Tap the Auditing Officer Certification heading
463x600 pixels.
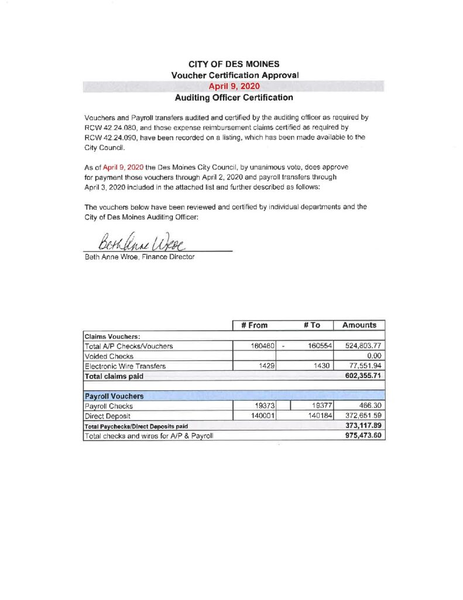click(x=234, y=98)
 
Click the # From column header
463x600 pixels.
click(x=254, y=325)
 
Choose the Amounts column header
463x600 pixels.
click(x=359, y=325)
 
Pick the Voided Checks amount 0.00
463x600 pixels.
click(x=374, y=356)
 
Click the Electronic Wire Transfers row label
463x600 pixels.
click(x=125, y=366)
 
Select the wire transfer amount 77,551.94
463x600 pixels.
click(x=365, y=366)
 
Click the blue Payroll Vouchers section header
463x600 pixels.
click(x=111, y=396)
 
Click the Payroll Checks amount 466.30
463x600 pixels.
click(x=369, y=406)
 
